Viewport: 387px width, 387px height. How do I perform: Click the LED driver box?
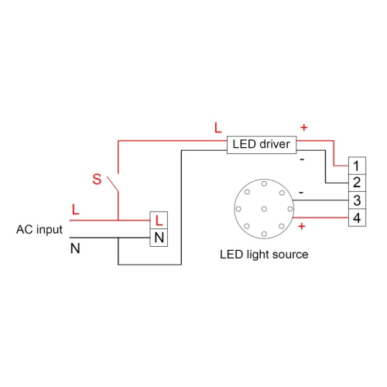[x=260, y=144]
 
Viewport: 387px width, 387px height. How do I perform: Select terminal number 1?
[x=356, y=166]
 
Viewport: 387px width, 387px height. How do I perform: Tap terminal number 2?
[x=356, y=183]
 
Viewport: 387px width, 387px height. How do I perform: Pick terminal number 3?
[x=356, y=200]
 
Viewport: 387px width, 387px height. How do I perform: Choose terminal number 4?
[x=356, y=218]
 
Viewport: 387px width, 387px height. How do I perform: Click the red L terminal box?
[x=159, y=221]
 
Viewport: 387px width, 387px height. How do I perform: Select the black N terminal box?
[x=159, y=238]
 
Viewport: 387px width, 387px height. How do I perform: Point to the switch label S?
[x=97, y=180]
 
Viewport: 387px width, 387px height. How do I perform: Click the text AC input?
[x=39, y=230]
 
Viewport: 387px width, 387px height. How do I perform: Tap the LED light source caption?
[x=265, y=254]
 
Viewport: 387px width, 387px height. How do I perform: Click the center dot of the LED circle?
[x=265, y=208]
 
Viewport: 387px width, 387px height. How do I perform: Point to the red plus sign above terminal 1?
[x=303, y=127]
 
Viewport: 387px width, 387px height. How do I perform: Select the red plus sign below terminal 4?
[x=300, y=226]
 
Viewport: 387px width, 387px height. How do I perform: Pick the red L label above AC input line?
[x=75, y=210]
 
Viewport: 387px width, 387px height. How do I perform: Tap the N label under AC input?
[x=75, y=248]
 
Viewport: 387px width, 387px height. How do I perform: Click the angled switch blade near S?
[x=112, y=184]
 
